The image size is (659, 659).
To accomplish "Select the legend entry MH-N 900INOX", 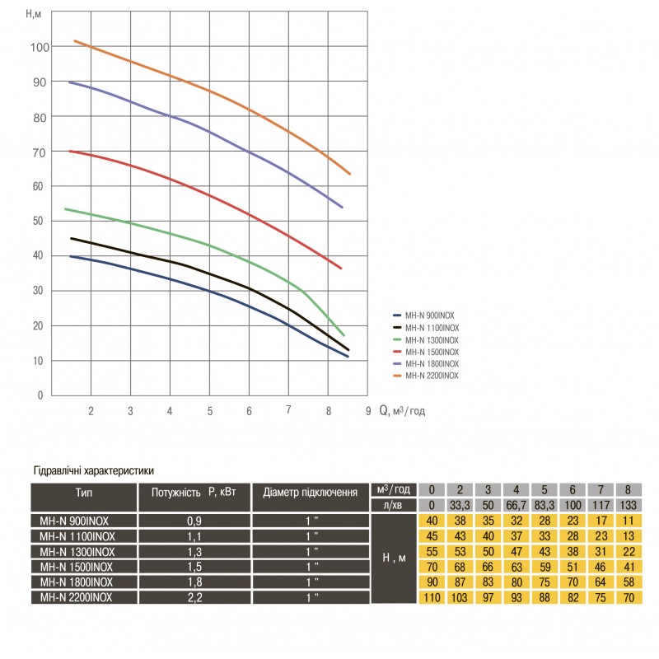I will (x=430, y=315).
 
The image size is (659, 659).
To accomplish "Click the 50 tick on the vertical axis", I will (x=38, y=221).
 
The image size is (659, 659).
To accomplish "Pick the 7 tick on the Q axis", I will (x=288, y=410).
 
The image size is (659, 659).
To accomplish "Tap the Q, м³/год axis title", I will (x=403, y=410).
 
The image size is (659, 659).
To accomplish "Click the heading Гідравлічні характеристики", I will (x=93, y=472).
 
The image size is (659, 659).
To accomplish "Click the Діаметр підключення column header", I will (x=310, y=493).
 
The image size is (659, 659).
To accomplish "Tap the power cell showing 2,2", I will (x=194, y=597).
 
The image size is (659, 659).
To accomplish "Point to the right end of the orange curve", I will (x=350, y=174).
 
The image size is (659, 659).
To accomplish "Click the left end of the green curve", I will (x=65, y=208).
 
